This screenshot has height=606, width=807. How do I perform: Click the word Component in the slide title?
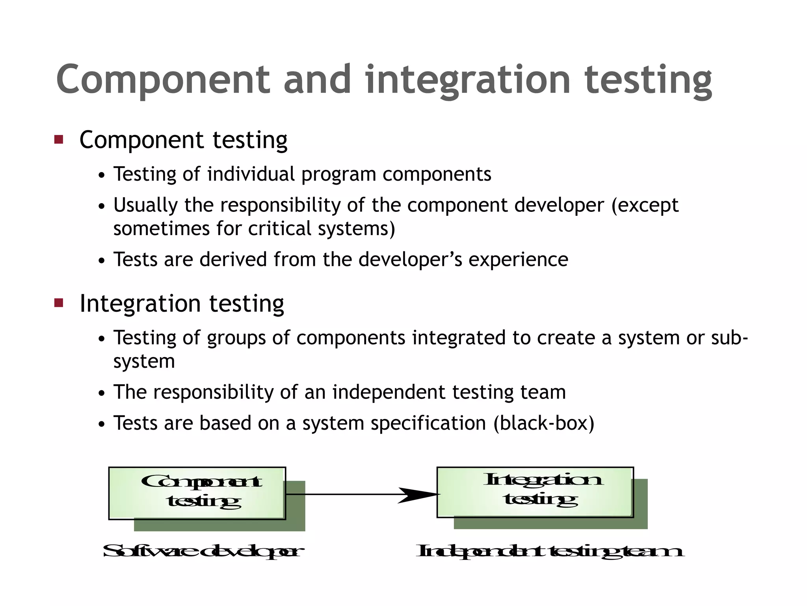163,80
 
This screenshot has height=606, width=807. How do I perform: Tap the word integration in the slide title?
468,80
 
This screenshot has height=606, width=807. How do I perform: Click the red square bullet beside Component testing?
59,139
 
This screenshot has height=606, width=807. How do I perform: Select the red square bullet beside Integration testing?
59,303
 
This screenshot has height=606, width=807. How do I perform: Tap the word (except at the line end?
645,205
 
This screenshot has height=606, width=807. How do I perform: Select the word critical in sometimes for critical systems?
280,229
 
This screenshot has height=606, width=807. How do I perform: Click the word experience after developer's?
518,260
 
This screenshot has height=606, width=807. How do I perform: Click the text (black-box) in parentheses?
544,423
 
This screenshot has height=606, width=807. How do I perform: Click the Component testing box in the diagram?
197,493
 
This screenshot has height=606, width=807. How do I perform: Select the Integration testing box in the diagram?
535,492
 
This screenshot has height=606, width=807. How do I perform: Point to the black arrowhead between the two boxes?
418,495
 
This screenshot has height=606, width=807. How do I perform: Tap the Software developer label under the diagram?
203,551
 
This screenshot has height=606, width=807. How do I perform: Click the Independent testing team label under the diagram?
550,551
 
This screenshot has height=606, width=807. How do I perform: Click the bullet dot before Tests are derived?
102,261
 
